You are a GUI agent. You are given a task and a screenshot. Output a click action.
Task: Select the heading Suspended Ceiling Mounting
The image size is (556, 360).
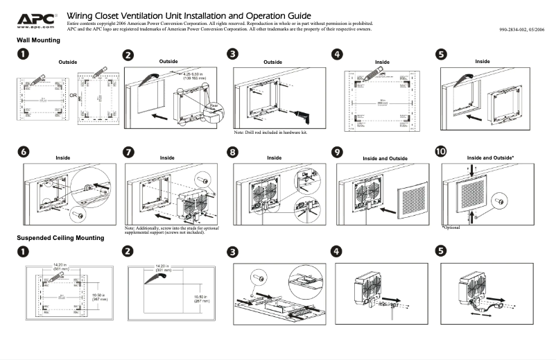[60, 238]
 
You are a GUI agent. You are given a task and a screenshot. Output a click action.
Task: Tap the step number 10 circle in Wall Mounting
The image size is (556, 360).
[440, 151]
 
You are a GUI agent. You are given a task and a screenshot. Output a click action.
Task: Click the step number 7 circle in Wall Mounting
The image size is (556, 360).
[128, 153]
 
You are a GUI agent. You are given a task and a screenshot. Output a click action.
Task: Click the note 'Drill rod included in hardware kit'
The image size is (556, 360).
[270, 132]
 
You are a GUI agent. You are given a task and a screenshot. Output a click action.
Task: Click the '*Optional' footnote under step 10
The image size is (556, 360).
[451, 228]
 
